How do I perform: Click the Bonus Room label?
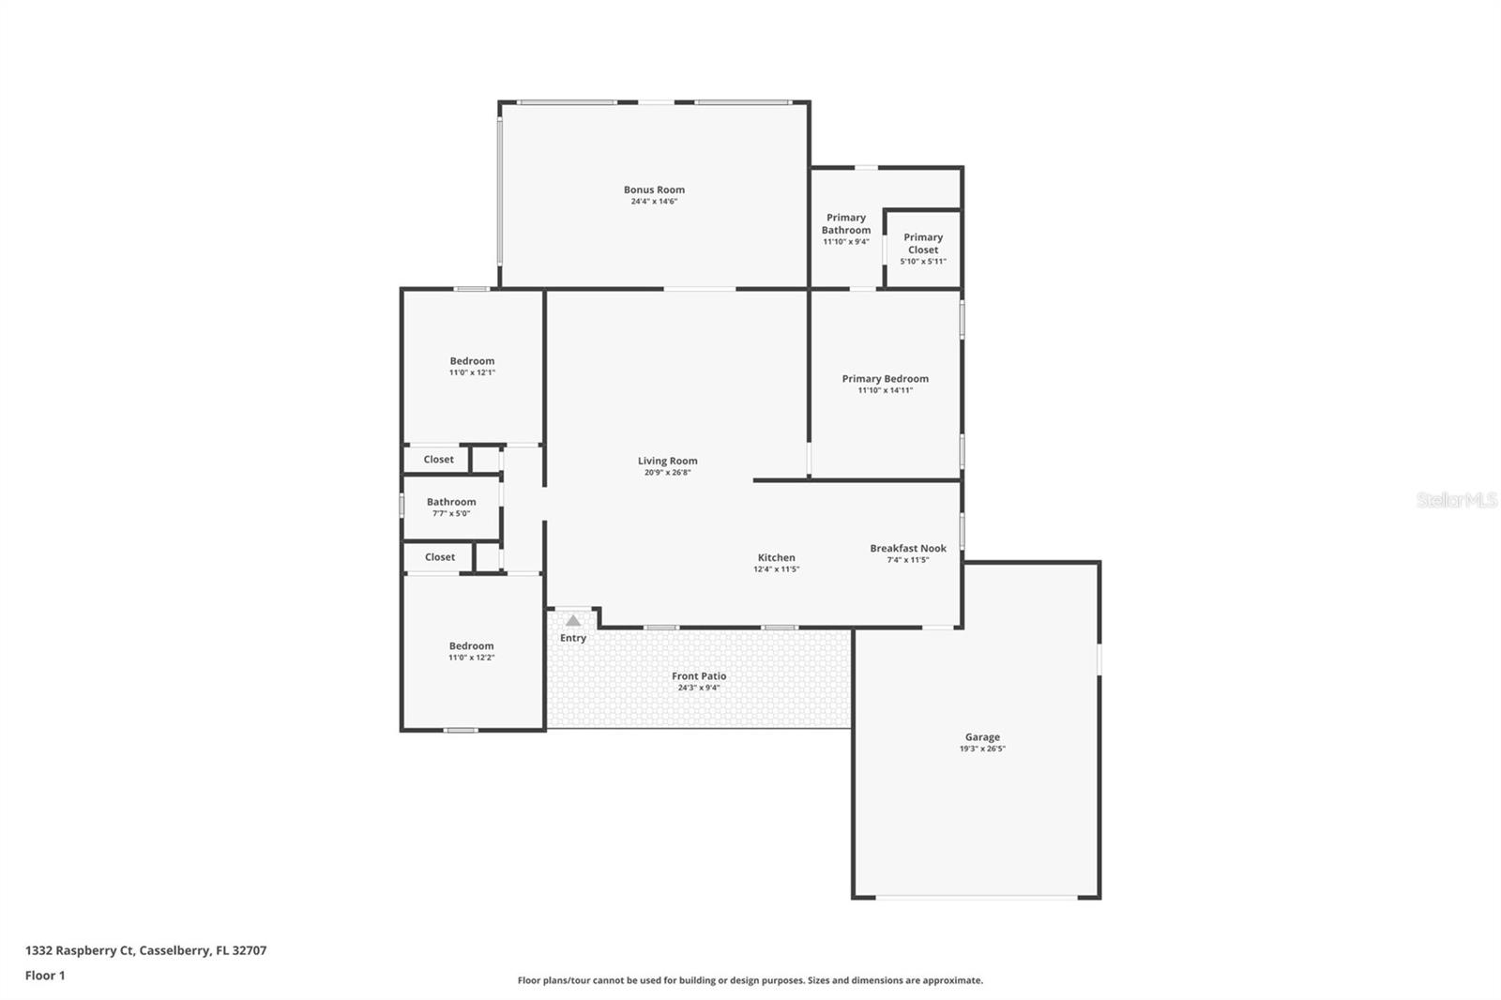[654, 189]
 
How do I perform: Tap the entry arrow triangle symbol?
[573, 620]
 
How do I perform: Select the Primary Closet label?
[923, 244]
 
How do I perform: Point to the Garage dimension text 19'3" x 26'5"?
[982, 749]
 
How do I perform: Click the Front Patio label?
[699, 676]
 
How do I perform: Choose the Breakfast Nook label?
[907, 549]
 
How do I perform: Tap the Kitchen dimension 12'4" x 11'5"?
[776, 569]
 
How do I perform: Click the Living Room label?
[667, 461]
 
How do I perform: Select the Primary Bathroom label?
[846, 223]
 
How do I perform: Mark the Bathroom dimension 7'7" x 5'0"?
[451, 513]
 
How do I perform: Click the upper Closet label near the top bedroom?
[438, 460]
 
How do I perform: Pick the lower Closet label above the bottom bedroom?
[439, 557]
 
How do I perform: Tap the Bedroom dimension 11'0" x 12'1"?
[472, 372]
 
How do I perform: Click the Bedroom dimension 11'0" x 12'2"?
[471, 658]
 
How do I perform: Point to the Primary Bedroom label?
[885, 379]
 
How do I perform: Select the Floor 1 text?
[45, 976]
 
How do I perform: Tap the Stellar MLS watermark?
[1456, 500]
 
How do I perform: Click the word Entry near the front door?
[573, 638]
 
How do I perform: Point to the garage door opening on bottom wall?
[976, 898]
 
